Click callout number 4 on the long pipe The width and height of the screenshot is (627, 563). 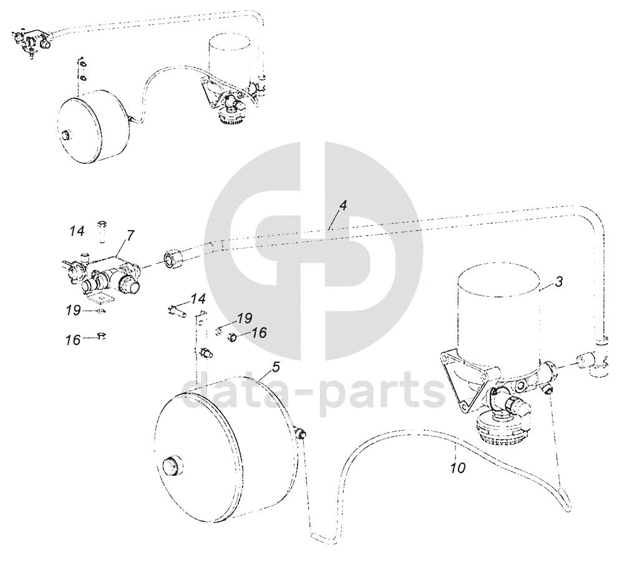tap(343, 206)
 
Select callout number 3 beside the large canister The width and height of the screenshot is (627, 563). tap(558, 282)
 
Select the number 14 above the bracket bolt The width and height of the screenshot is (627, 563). tap(198, 299)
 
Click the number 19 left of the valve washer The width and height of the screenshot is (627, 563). tap(74, 310)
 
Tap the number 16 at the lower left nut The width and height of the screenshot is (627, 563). tap(74, 341)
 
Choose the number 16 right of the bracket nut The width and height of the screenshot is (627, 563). tap(260, 332)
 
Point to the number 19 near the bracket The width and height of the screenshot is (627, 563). tap(245, 319)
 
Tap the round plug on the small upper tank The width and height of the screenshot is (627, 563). tap(64, 136)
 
